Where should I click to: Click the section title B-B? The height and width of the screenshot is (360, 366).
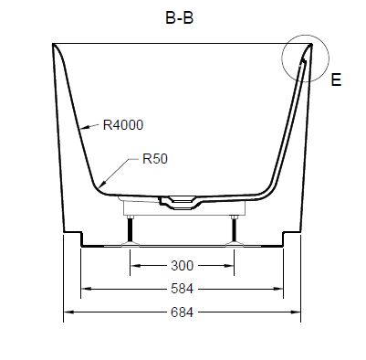click(180, 18)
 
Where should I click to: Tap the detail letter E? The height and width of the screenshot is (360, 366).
click(336, 79)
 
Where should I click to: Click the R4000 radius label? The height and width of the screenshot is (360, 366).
click(123, 125)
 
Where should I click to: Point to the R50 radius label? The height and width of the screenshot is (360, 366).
click(155, 159)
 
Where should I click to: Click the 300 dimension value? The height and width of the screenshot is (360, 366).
click(182, 266)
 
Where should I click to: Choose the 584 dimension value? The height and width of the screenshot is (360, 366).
click(182, 289)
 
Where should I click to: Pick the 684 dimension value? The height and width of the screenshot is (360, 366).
click(182, 312)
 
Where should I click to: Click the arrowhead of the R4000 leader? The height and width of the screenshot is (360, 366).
click(86, 127)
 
